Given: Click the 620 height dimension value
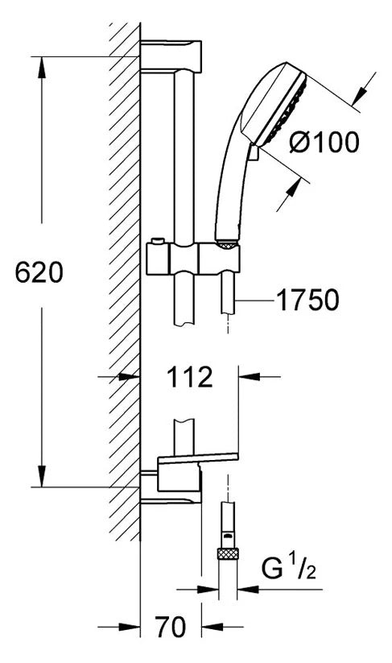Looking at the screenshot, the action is pyautogui.click(x=39, y=272).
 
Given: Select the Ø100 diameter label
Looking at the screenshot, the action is pyautogui.click(x=324, y=142).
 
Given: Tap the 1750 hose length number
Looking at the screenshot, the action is pyautogui.click(x=307, y=300).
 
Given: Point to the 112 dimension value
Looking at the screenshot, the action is pyautogui.click(x=190, y=377).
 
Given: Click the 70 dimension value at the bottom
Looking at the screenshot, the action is pyautogui.click(x=171, y=627).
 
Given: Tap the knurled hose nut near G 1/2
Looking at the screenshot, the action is pyautogui.click(x=228, y=554).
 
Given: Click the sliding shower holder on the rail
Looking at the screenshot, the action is pyautogui.click(x=193, y=258).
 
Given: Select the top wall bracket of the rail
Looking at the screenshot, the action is pyautogui.click(x=171, y=56).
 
